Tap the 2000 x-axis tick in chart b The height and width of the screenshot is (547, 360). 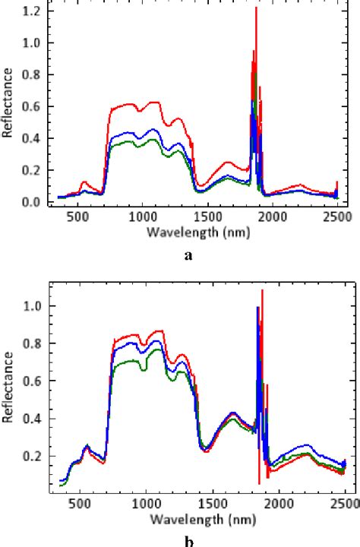click(278, 503)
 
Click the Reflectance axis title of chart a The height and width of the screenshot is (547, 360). click(9, 103)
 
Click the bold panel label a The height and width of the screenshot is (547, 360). click(188, 256)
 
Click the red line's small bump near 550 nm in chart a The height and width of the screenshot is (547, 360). click(84, 182)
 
